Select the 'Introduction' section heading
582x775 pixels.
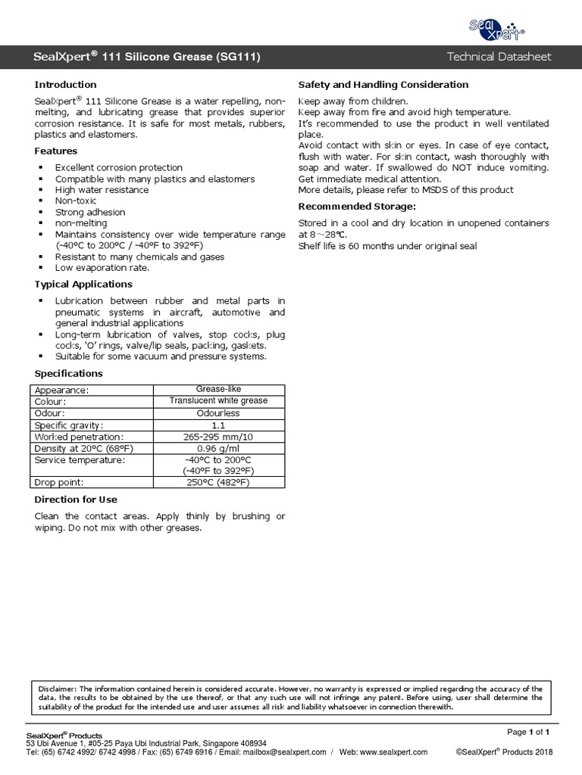click(66, 85)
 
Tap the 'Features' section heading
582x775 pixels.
click(56, 151)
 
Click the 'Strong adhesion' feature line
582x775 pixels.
click(90, 213)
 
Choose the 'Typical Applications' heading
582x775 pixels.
click(83, 285)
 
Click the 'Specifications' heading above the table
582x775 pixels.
click(69, 374)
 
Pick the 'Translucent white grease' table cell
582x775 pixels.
click(218, 401)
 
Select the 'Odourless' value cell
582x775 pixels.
click(218, 413)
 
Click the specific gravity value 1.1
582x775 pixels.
click(218, 425)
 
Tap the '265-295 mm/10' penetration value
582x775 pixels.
click(218, 437)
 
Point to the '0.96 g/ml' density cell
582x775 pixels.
click(218, 448)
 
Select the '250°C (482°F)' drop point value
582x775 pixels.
click(218, 482)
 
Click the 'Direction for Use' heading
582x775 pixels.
click(76, 500)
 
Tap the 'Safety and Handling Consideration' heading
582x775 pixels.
click(383, 85)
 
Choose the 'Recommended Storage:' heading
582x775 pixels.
click(356, 206)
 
